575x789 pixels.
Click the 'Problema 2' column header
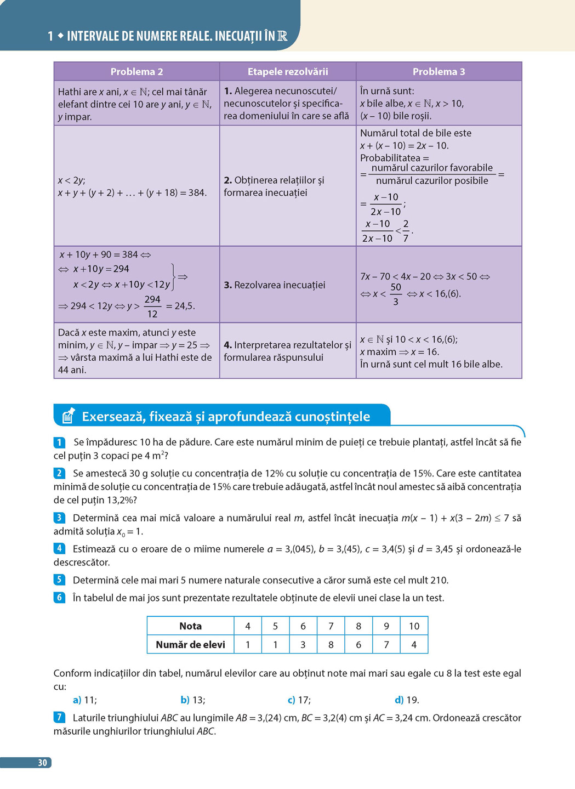(x=136, y=71)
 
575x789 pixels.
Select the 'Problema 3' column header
(x=439, y=71)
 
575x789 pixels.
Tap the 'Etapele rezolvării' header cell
(x=288, y=71)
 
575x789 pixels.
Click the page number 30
(x=42, y=763)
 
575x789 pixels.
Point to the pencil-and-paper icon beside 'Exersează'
(x=69, y=416)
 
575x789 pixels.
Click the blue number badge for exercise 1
(x=59, y=442)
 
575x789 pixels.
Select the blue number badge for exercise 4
(x=59, y=548)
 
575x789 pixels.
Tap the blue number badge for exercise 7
(x=59, y=717)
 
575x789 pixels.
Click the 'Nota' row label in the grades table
(x=190, y=626)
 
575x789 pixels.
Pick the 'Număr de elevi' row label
(x=190, y=645)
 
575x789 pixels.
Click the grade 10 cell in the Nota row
(x=414, y=626)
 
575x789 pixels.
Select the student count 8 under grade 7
(x=331, y=645)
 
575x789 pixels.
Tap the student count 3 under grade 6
(x=303, y=645)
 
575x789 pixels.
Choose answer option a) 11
(x=85, y=700)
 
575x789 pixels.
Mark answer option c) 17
(x=299, y=700)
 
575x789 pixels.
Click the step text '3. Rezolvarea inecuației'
(x=275, y=285)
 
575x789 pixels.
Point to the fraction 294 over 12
(x=152, y=306)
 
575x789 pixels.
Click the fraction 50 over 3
(x=396, y=294)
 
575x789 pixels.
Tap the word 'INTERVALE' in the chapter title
(x=93, y=36)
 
